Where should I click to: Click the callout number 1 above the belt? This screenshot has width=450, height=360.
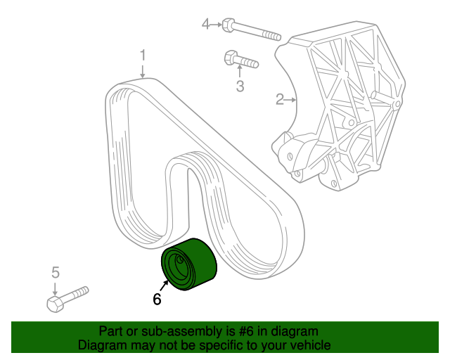[143, 56]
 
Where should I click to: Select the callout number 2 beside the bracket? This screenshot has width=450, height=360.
[280, 99]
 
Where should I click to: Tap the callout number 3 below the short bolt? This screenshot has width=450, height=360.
[240, 86]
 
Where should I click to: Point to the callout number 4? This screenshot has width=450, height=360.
[206, 25]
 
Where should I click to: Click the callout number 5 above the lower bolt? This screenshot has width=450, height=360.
[56, 272]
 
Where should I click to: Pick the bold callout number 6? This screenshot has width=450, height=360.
[157, 299]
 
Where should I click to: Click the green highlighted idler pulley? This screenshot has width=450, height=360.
[188, 264]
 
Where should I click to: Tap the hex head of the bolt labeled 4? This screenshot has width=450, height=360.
[228, 25]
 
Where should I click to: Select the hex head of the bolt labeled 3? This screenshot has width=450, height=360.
[231, 58]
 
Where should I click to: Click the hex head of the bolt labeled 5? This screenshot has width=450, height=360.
[55, 304]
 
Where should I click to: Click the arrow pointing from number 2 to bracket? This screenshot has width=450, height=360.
[290, 100]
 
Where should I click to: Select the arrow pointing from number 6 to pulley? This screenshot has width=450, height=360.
[164, 286]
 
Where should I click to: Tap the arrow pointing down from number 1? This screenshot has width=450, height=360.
[143, 71]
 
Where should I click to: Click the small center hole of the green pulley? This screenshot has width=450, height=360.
[180, 260]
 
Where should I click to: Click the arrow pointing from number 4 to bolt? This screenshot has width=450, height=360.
[216, 25]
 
